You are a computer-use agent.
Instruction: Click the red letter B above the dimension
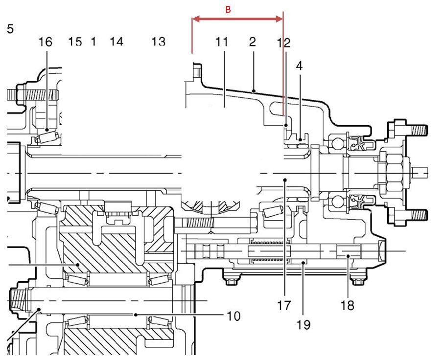tap(228, 10)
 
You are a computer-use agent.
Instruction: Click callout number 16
tap(46, 42)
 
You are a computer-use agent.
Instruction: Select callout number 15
tap(75, 42)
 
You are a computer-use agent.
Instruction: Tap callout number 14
tap(117, 42)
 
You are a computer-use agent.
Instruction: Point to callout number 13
tap(158, 42)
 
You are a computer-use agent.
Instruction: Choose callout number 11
tap(222, 42)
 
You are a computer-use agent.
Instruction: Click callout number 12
tap(283, 43)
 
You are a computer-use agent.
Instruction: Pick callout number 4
tap(299, 66)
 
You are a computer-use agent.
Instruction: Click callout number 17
tap(284, 305)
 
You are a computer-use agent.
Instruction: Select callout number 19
tap(304, 325)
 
